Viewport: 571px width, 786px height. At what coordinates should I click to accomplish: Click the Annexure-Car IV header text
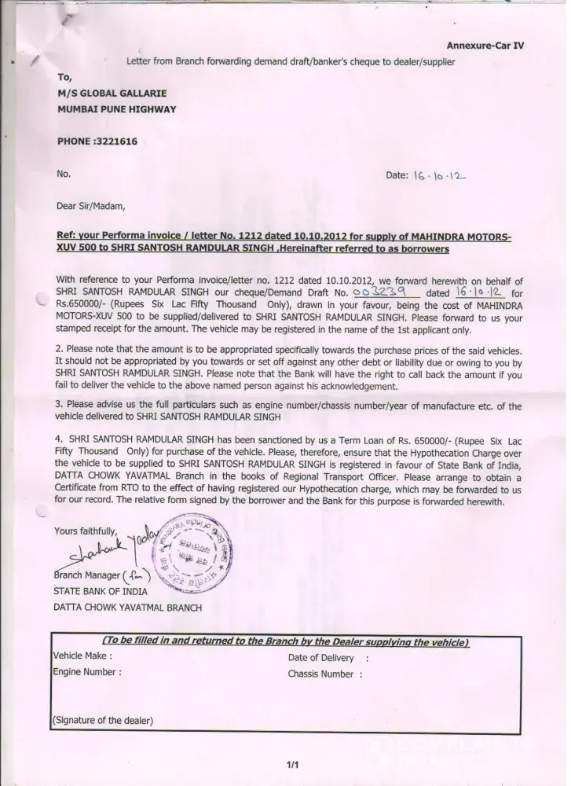[x=485, y=46]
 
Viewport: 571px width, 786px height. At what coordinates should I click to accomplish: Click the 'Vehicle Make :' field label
[x=82, y=656]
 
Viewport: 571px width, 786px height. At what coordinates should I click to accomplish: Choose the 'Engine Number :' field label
[x=86, y=672]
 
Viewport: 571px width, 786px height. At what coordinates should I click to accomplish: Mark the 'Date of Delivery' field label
[x=322, y=657]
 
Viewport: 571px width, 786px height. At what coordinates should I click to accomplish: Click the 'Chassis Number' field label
[x=320, y=674]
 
